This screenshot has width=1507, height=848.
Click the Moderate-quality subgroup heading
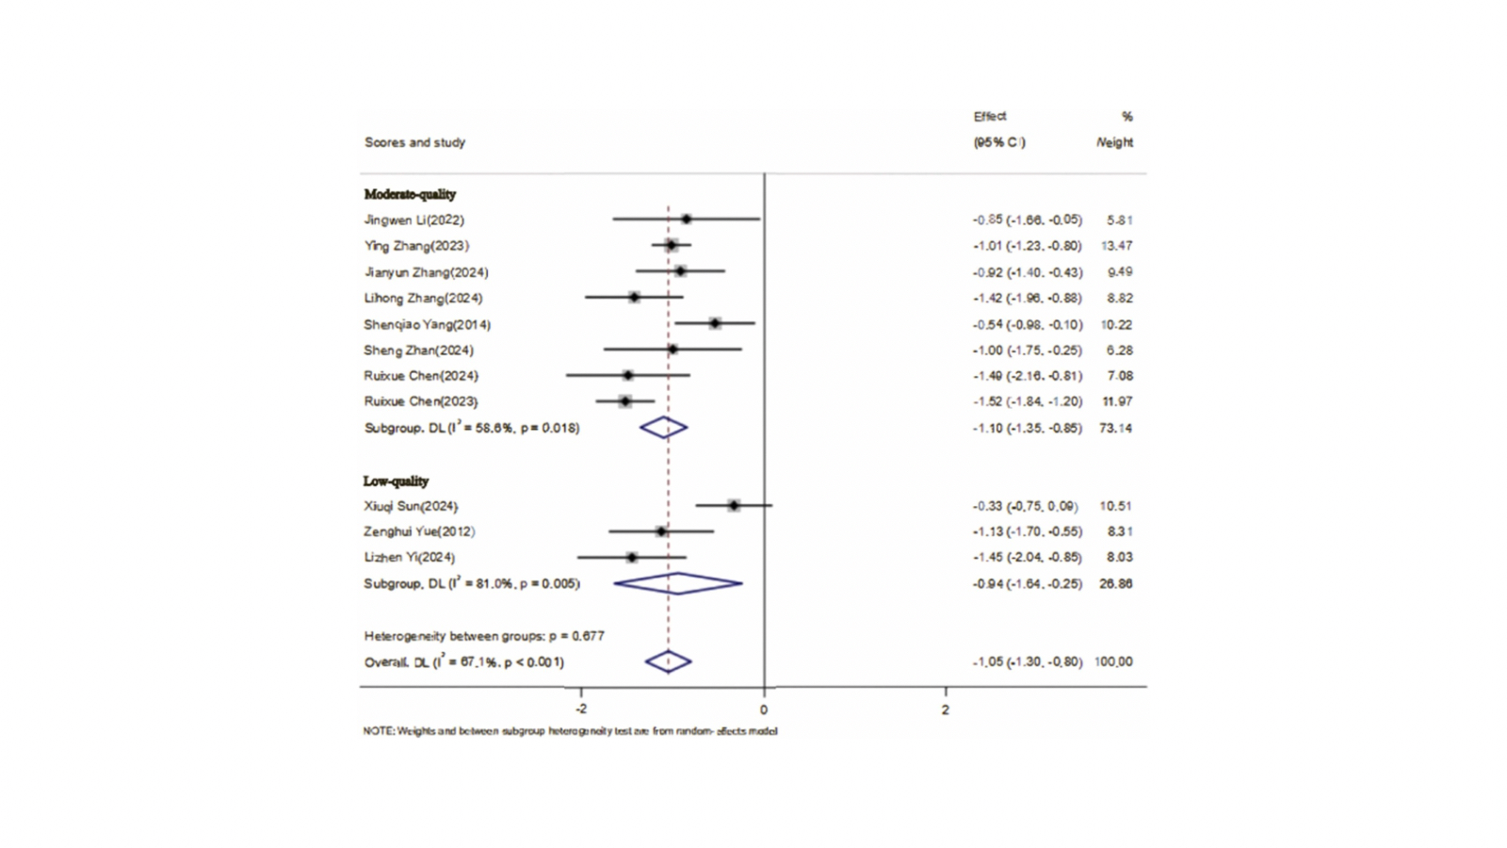click(410, 194)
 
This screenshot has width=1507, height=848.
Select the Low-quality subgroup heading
click(396, 481)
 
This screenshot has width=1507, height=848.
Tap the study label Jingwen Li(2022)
click(413, 220)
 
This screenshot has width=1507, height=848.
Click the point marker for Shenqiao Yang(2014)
click(715, 323)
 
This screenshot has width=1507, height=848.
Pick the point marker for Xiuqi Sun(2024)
click(734, 506)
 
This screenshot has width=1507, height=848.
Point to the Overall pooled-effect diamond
click(668, 661)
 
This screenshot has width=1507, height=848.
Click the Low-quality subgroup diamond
click(678, 584)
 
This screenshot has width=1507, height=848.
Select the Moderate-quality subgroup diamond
click(664, 428)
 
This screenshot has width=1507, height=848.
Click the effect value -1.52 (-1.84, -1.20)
click(1028, 401)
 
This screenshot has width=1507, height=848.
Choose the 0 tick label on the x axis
click(764, 709)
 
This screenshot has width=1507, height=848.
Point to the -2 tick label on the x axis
click(580, 709)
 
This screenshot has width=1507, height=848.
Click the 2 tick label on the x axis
click(946, 709)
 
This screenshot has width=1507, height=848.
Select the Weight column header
click(1115, 142)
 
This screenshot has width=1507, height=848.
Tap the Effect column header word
click(990, 116)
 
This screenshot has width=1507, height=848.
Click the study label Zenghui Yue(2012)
click(419, 531)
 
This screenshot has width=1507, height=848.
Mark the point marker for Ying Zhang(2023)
click(671, 245)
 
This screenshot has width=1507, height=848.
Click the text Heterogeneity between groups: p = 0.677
click(484, 636)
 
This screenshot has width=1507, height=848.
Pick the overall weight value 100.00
click(1113, 661)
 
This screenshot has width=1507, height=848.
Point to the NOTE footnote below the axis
click(570, 731)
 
